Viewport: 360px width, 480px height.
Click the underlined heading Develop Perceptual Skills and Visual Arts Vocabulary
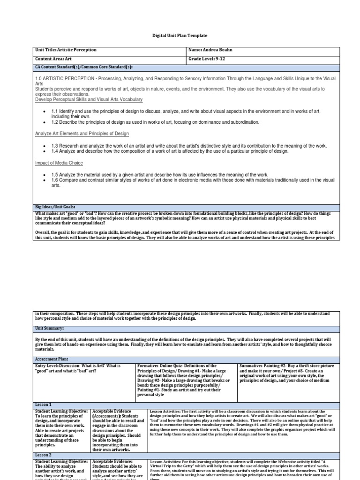pyautogui.click(x=89, y=99)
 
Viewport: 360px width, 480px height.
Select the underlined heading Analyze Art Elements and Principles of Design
pyautogui.click(x=82, y=134)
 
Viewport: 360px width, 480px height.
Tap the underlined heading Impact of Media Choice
pyautogui.click(x=59, y=163)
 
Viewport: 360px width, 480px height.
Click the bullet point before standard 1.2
pyautogui.click(x=44, y=122)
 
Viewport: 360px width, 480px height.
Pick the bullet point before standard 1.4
pyautogui.click(x=44, y=151)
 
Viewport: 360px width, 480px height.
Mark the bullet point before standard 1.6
pyautogui.click(x=44, y=180)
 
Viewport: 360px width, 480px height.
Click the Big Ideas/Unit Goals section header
pyautogui.click(x=55, y=206)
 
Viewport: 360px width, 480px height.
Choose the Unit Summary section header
pyautogui.click(x=49, y=329)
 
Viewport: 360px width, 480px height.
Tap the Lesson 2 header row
pyautogui.click(x=44, y=455)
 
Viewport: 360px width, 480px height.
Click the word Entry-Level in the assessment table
pyautogui.click(x=48, y=365)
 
